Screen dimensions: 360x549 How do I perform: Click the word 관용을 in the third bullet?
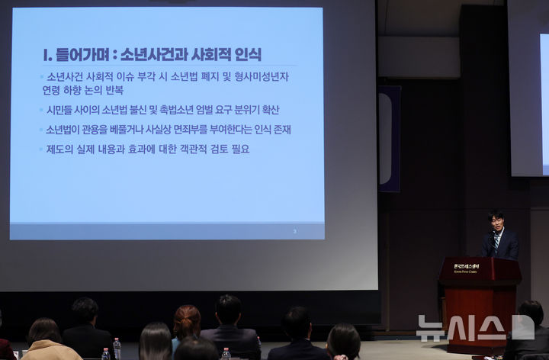106,130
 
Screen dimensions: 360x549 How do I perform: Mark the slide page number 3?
295,230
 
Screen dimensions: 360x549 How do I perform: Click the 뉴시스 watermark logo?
475,327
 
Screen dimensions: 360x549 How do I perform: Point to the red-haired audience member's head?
187,319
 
